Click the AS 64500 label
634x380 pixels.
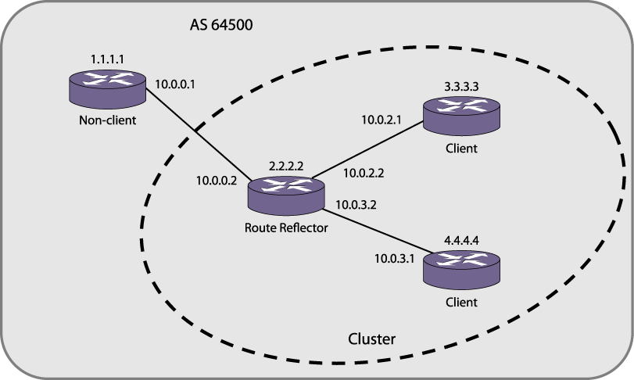point(221,25)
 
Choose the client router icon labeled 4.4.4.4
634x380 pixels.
point(461,271)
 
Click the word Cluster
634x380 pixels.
point(371,340)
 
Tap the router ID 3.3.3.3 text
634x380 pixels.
point(461,88)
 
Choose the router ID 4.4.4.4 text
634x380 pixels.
point(461,242)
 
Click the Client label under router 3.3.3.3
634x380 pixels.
point(461,149)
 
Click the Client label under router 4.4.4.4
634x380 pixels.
point(461,302)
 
